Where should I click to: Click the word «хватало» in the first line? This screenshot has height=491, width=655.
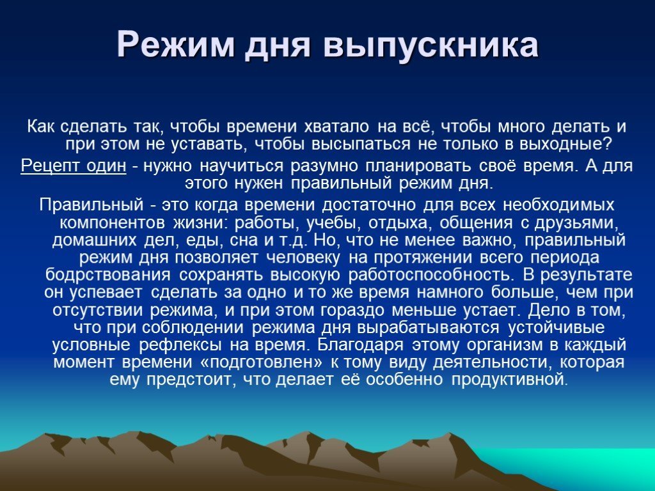pyautogui.click(x=336, y=126)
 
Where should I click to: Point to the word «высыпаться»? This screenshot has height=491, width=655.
pyautogui.click(x=361, y=144)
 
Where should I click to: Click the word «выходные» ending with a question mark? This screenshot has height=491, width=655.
pyautogui.click(x=565, y=144)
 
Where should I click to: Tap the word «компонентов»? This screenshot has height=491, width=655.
pyautogui.click(x=112, y=222)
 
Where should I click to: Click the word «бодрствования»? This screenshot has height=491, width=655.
pyautogui.click(x=107, y=275)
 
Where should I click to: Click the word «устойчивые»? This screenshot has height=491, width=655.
pyautogui.click(x=556, y=327)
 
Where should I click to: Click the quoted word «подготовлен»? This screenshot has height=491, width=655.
pyautogui.click(x=262, y=362)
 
